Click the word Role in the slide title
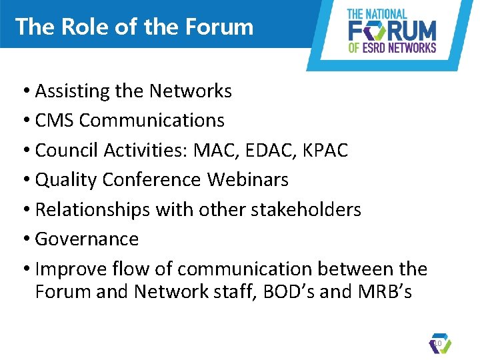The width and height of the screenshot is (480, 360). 79,27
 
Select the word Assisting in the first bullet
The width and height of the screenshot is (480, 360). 69,91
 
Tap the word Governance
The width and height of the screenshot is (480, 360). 87,239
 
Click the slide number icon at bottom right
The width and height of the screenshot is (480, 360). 440,343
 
